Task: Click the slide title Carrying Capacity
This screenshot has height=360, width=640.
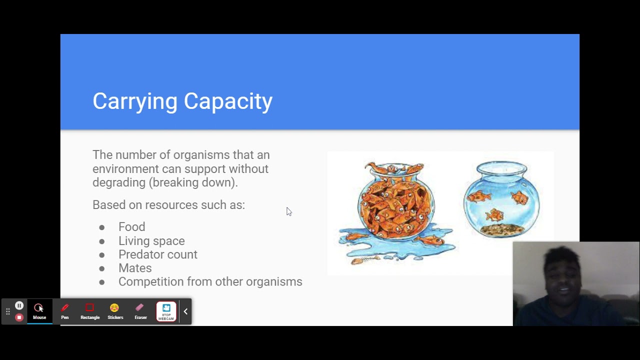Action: (x=182, y=101)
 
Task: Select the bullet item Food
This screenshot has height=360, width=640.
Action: (x=131, y=227)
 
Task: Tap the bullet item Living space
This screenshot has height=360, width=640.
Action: (x=151, y=241)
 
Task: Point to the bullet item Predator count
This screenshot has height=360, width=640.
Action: (x=157, y=254)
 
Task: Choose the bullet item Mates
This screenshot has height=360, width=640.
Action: (x=135, y=268)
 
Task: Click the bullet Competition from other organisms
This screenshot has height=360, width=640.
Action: (x=210, y=282)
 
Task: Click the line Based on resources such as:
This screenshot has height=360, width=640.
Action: (x=168, y=205)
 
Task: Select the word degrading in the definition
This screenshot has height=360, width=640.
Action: (x=118, y=182)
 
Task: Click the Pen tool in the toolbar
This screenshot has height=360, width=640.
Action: (x=65, y=311)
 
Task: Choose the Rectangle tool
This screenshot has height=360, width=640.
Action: (x=90, y=311)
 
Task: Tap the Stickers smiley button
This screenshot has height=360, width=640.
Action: (x=115, y=311)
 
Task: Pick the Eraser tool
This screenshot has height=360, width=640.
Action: (x=140, y=311)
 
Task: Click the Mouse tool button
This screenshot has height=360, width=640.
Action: (x=39, y=311)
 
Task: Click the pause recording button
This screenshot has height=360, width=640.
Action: (x=19, y=305)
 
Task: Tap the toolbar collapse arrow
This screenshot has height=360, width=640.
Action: (x=185, y=311)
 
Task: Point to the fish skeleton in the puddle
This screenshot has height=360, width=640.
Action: (x=363, y=260)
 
